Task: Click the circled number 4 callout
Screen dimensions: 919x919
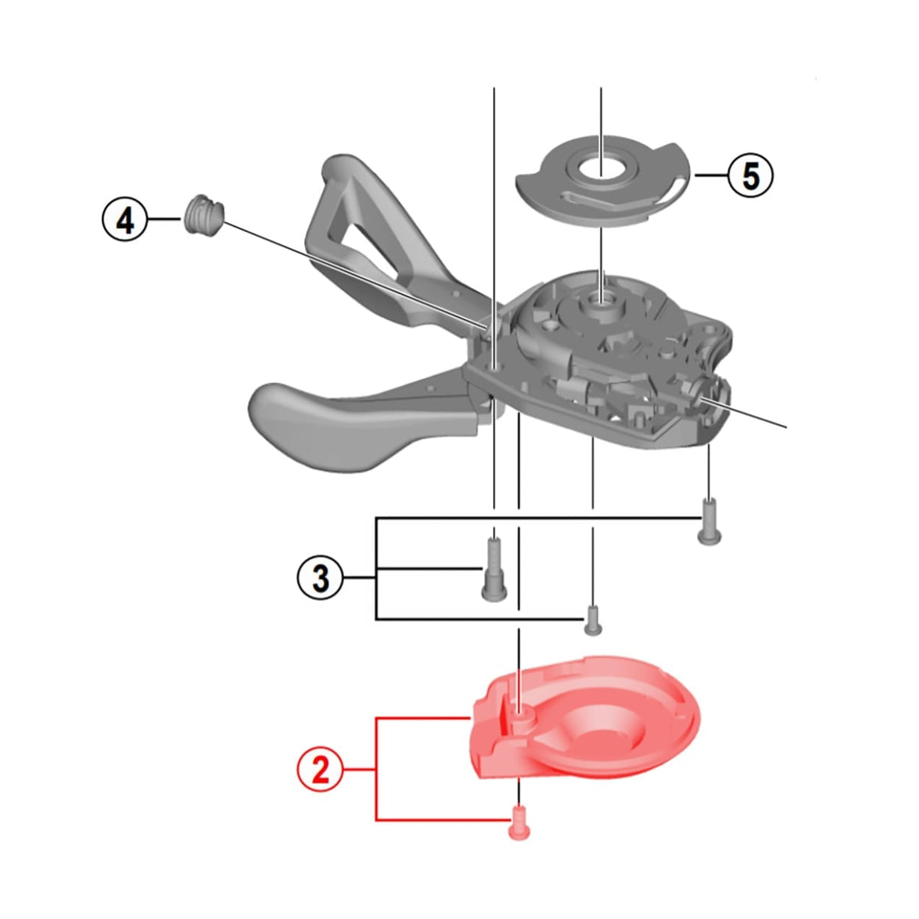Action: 126,221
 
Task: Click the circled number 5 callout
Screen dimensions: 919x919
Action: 750,176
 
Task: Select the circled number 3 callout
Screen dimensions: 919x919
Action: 320,578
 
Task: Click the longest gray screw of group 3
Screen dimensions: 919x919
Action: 494,568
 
